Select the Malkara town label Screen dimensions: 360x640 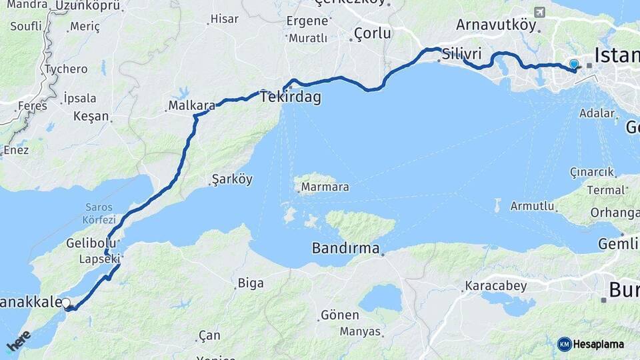191,105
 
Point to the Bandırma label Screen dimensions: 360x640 345,249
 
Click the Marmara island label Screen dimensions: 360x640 325,187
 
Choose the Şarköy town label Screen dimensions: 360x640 232,179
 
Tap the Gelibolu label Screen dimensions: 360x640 91,243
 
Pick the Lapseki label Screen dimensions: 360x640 99,259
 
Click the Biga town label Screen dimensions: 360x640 251,283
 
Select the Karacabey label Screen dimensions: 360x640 495,286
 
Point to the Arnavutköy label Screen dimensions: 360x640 496,25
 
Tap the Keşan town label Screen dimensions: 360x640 91,116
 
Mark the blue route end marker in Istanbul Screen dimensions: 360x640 574,65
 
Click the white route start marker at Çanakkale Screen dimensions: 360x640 66,303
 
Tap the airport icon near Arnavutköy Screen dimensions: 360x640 539,12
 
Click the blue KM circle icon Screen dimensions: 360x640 564,344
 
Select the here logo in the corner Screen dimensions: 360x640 18,341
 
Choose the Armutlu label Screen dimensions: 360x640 533,206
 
